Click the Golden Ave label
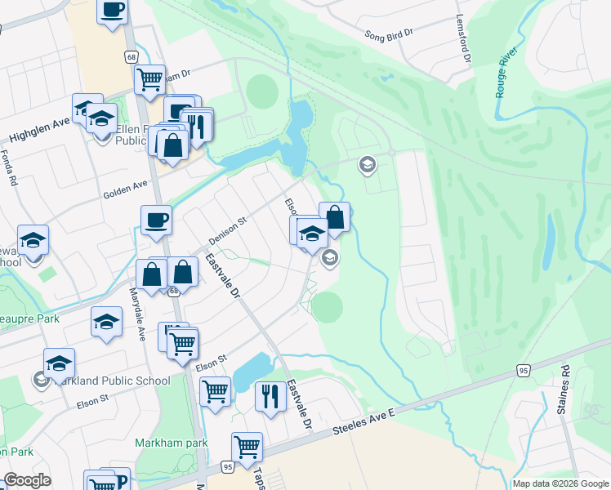tap(124, 194)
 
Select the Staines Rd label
tap(563, 396)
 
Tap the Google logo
tap(27, 480)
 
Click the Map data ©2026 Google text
tap(560, 483)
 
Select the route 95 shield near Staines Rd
tap(524, 371)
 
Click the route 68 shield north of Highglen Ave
tap(131, 56)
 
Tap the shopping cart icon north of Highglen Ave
tap(150, 79)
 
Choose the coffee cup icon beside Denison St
tap(156, 220)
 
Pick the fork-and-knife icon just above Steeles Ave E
tap(270, 396)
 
